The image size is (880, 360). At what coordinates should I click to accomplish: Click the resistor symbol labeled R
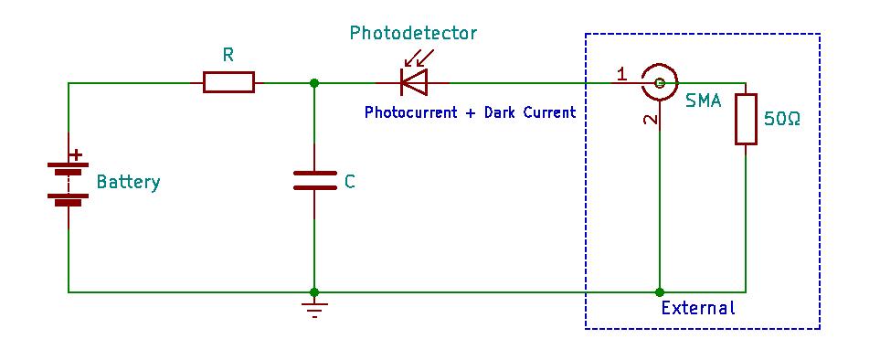coord(228,82)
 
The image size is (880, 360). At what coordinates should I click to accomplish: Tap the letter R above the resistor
coord(228,55)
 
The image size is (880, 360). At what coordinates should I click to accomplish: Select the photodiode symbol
coord(414,77)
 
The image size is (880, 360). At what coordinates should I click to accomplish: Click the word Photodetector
coord(413,34)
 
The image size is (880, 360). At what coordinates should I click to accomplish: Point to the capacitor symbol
coord(314,180)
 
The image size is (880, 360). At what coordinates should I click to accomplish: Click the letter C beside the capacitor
coord(349,182)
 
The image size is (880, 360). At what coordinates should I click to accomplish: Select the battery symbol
coord(69,181)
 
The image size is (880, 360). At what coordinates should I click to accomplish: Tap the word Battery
coord(129,183)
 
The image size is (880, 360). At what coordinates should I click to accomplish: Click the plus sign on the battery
coord(76,154)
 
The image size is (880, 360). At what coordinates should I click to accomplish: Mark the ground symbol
coord(314,309)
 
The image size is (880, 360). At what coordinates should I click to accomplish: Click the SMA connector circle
coord(660,83)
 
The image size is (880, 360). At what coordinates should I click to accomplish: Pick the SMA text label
coord(704,102)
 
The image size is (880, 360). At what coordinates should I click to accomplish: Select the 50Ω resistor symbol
coord(746,119)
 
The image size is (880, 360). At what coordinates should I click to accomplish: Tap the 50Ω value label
coord(782,120)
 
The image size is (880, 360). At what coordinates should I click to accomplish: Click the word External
coord(697,308)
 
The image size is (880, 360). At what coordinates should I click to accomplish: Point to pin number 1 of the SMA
coord(621,74)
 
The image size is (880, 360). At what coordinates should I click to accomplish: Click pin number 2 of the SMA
coord(651,120)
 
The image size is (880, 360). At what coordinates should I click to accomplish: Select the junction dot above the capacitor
coord(314,83)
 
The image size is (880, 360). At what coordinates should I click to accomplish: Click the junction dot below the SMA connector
coord(660,292)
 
